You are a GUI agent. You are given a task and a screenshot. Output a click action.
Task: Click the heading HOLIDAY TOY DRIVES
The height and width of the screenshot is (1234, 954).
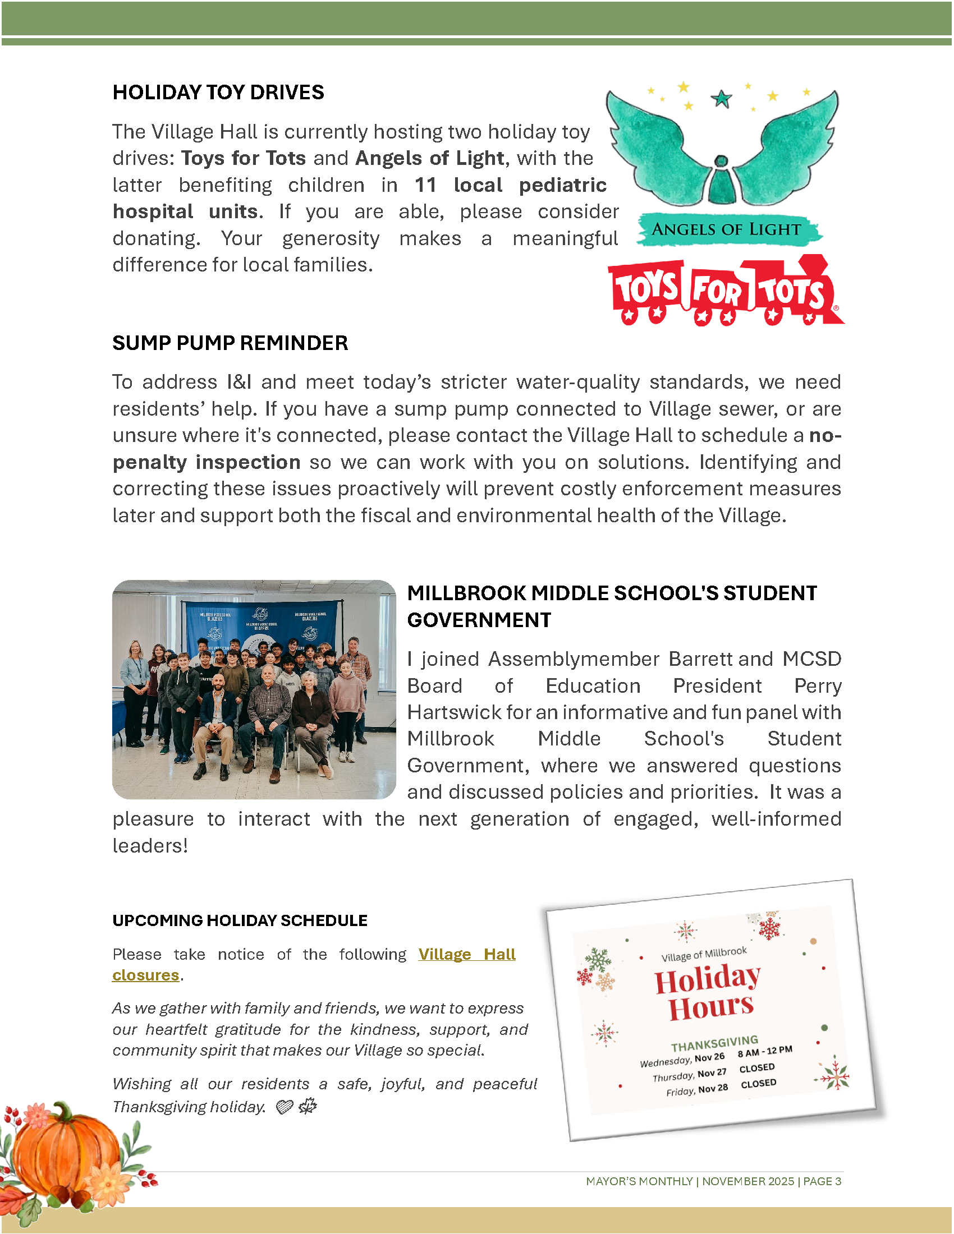coord(218,92)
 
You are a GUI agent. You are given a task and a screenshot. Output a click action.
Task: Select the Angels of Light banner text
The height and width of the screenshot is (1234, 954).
coord(726,229)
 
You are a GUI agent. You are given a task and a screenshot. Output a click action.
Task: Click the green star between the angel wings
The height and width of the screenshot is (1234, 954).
coord(721,99)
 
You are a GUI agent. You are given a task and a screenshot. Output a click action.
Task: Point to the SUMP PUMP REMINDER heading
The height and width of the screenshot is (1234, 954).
coord(230,343)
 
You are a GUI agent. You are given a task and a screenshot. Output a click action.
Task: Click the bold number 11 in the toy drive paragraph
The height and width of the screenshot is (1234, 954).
coord(425,185)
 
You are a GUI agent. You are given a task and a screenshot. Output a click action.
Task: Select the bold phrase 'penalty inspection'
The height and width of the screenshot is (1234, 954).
coord(207,462)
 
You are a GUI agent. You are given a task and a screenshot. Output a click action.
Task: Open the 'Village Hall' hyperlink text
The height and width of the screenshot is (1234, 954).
coord(467,954)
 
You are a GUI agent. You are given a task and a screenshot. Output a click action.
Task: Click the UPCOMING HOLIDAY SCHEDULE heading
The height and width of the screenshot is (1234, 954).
coord(240,920)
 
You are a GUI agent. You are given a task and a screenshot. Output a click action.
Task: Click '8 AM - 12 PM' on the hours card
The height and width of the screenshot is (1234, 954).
coord(765,1052)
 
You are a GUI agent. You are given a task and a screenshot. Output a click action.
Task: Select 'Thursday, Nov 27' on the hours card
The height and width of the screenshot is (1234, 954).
coord(690,1075)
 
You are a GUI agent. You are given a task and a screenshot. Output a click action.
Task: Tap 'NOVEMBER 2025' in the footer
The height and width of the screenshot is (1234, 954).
coord(747,1181)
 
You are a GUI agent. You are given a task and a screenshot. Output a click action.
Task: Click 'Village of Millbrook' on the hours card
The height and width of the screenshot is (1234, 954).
coord(704,954)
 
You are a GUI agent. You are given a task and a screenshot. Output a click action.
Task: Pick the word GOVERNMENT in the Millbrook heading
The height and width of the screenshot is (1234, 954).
coord(479,620)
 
